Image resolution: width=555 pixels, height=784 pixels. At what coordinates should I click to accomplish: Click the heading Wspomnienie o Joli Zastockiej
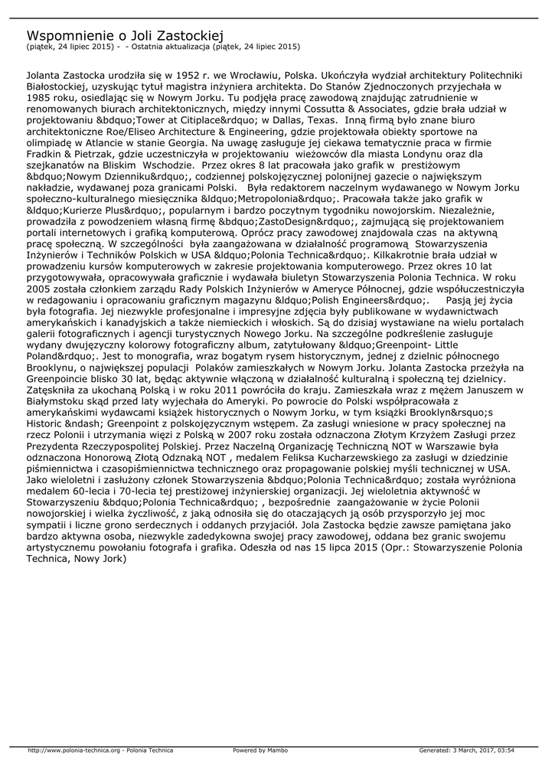tap(124, 35)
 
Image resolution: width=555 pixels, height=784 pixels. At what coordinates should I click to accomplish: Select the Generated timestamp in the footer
tap(466, 750)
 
